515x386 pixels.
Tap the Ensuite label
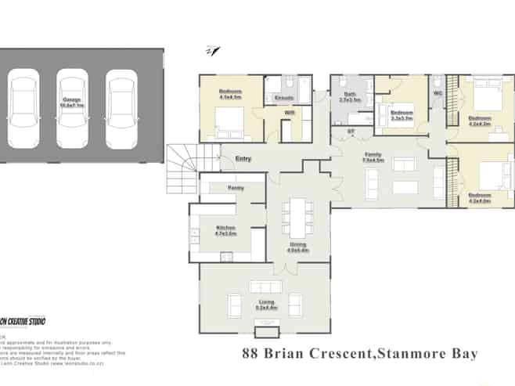coord(283,97)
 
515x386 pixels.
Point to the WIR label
coord(289,114)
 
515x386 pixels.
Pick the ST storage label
coord(351,131)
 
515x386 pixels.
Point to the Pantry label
coord(236,188)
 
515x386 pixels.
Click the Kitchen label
coord(225,230)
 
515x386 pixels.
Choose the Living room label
coord(263,305)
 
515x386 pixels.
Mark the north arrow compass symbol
coord(212,52)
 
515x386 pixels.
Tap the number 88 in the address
coord(250,354)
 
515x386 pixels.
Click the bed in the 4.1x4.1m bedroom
coord(228,121)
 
